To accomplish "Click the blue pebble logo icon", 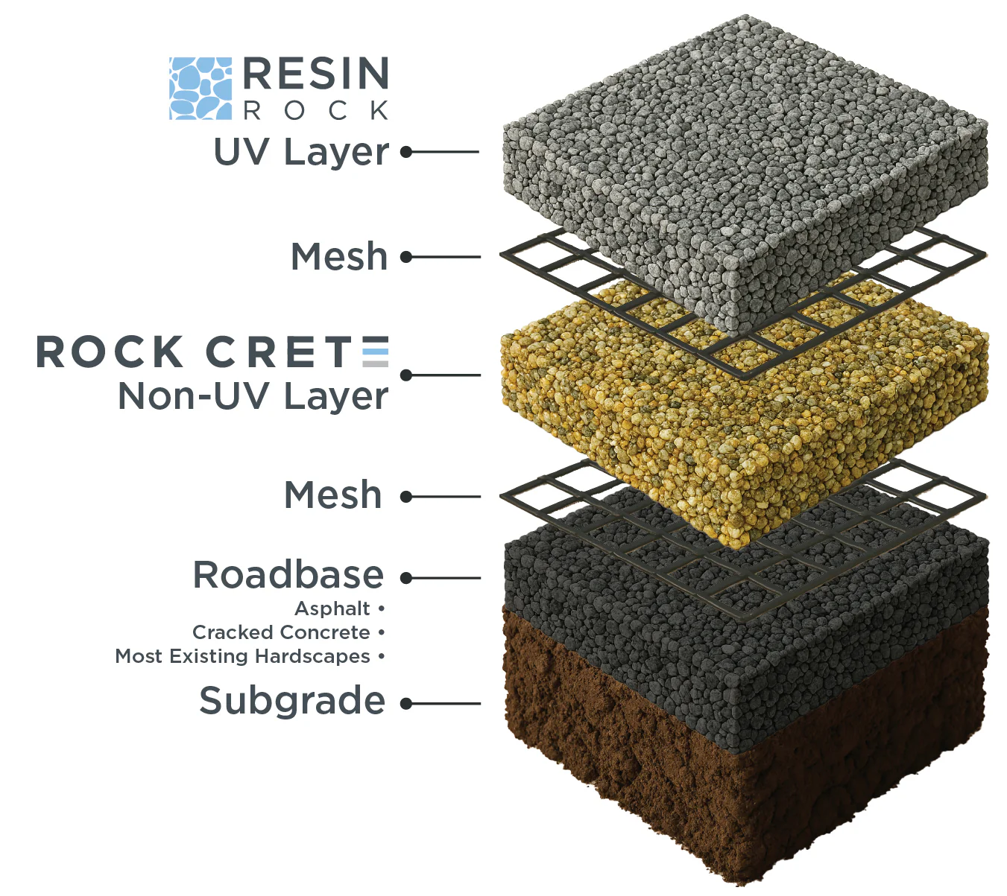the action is (x=201, y=89).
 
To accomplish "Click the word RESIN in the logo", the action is (x=315, y=73).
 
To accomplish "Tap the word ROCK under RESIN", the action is (x=316, y=110).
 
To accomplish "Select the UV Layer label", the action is (x=301, y=152).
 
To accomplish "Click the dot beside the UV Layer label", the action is (x=406, y=152).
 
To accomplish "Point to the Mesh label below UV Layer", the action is (x=339, y=256).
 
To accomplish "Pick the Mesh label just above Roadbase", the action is (x=332, y=495).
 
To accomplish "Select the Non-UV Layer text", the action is (x=253, y=396).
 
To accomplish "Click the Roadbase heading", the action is (x=288, y=575).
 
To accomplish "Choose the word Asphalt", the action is (x=332, y=609).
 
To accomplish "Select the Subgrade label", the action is (x=292, y=700).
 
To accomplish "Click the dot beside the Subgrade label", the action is (x=406, y=704).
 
